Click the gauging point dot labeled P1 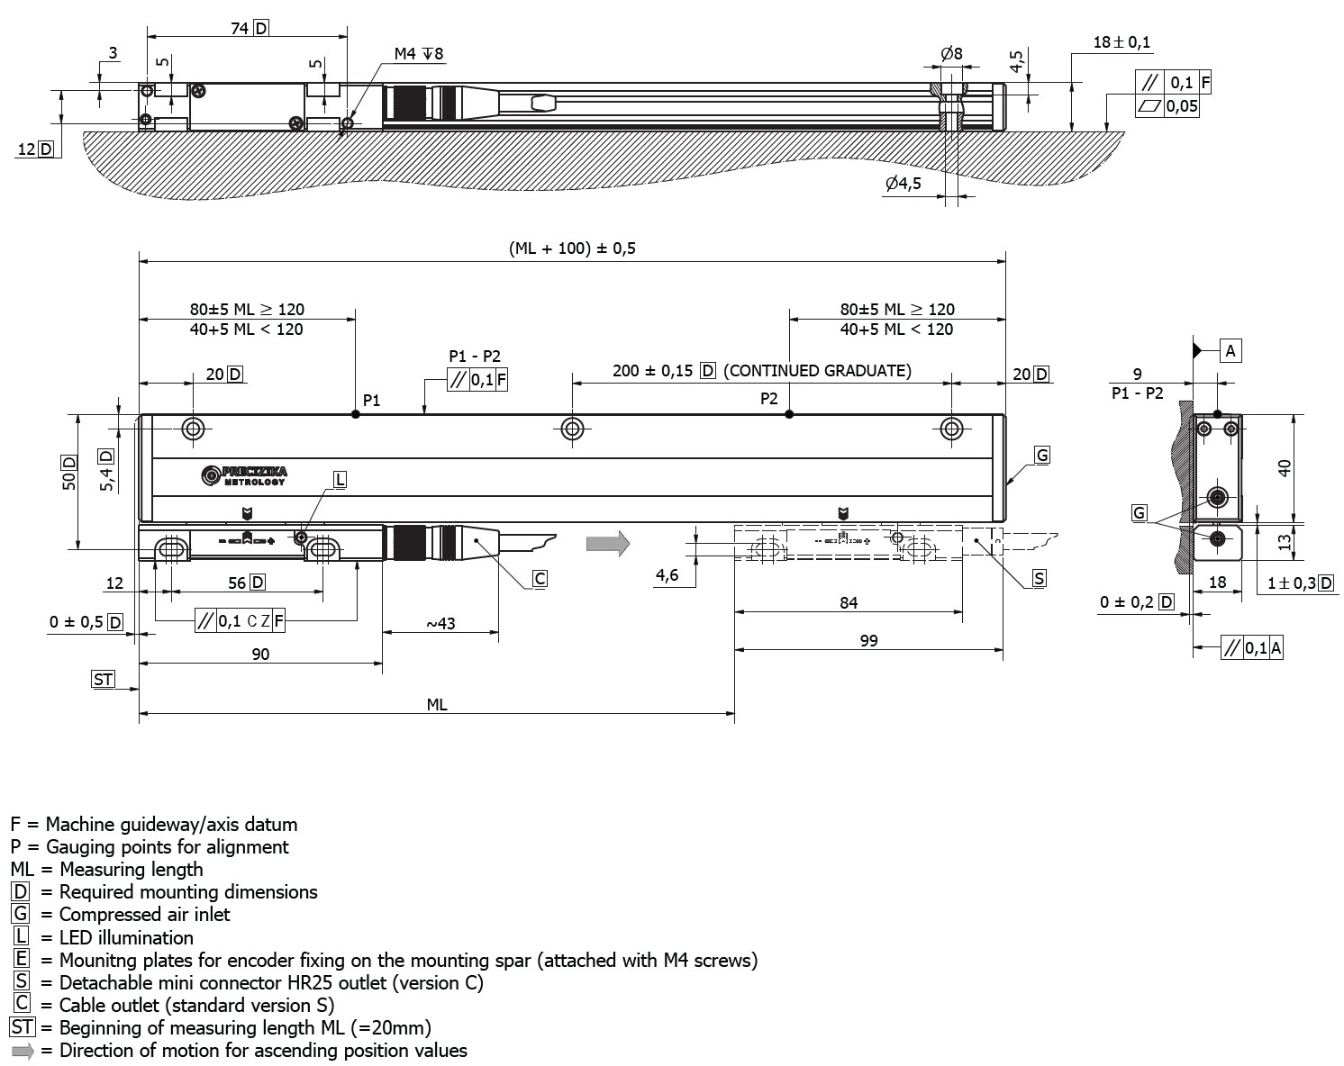(356, 414)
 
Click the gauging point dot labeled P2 (789, 414)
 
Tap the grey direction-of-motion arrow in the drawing (606, 543)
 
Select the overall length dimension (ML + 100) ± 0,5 (572, 248)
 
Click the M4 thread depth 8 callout (419, 55)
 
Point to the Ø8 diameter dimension (951, 54)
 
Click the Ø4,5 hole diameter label (903, 184)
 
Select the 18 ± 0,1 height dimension (1122, 42)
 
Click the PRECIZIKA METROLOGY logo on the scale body (244, 475)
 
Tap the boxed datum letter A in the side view (1230, 351)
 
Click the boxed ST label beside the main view (104, 679)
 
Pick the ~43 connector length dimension (440, 623)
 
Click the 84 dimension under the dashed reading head (849, 602)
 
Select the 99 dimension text (868, 640)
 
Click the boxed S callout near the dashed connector (1039, 578)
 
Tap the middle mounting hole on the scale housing (572, 429)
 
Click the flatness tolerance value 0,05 (1182, 106)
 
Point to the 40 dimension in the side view (1285, 467)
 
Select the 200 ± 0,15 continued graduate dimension (654, 371)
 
